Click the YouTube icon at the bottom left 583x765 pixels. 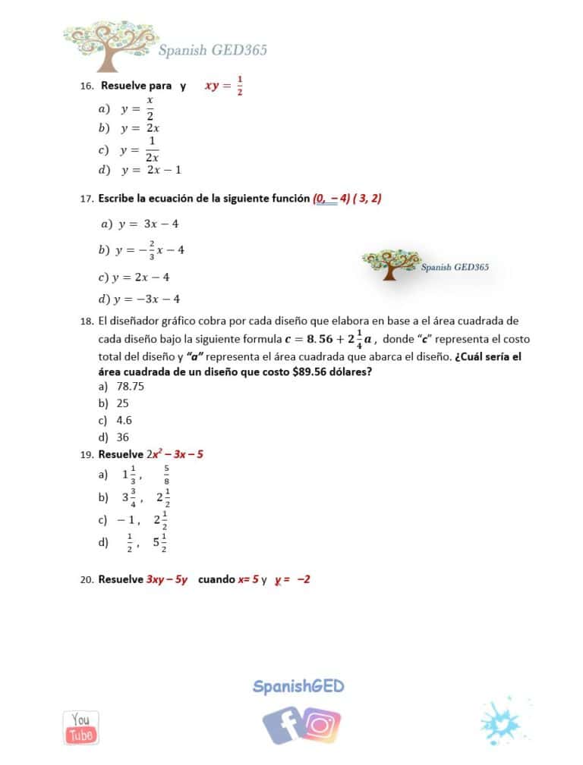81,727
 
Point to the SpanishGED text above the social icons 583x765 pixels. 298,687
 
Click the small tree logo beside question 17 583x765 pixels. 391,265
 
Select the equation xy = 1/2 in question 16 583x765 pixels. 224,86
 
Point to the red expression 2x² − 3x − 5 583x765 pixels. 175,454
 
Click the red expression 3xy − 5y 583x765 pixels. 167,579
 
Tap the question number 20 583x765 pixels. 86,579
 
